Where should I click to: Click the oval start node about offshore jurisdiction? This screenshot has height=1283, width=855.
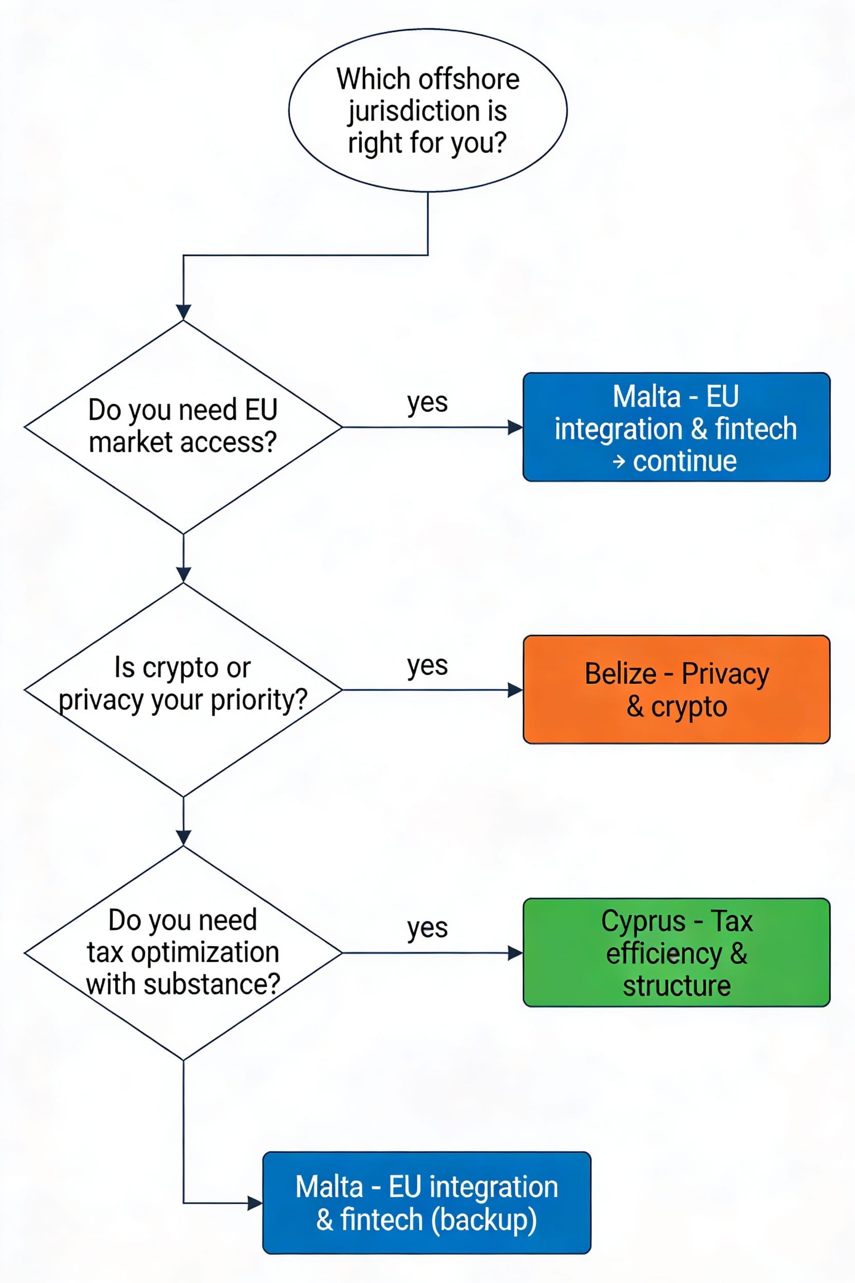tap(427, 110)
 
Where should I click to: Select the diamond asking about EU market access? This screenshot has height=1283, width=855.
tap(183, 427)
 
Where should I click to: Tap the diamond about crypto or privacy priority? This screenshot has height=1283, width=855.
tap(183, 689)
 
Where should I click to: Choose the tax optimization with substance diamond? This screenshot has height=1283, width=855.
tap(183, 952)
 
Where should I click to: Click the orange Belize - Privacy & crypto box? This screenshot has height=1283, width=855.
tap(676, 689)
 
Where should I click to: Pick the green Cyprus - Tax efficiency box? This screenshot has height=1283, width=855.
tap(676, 952)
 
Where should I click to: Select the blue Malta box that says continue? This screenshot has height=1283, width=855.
tap(676, 427)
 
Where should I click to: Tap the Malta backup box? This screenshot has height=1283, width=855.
tap(426, 1202)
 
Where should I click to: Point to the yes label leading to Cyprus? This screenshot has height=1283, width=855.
tap(427, 928)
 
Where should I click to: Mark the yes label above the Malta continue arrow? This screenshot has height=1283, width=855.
tap(427, 403)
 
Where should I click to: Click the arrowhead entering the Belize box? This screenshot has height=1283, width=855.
tap(515, 690)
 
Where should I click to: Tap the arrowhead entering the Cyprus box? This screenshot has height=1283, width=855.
tap(515, 953)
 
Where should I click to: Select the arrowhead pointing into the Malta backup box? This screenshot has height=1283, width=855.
tap(255, 1203)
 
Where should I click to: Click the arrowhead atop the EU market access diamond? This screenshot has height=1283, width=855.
tap(183, 312)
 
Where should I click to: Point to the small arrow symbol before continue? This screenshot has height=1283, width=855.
tap(618, 462)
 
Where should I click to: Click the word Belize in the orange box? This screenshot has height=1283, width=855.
tap(620, 674)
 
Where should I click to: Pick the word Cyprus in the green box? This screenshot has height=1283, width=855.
tap(643, 922)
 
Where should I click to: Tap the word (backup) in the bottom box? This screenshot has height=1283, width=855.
tap(484, 1220)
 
